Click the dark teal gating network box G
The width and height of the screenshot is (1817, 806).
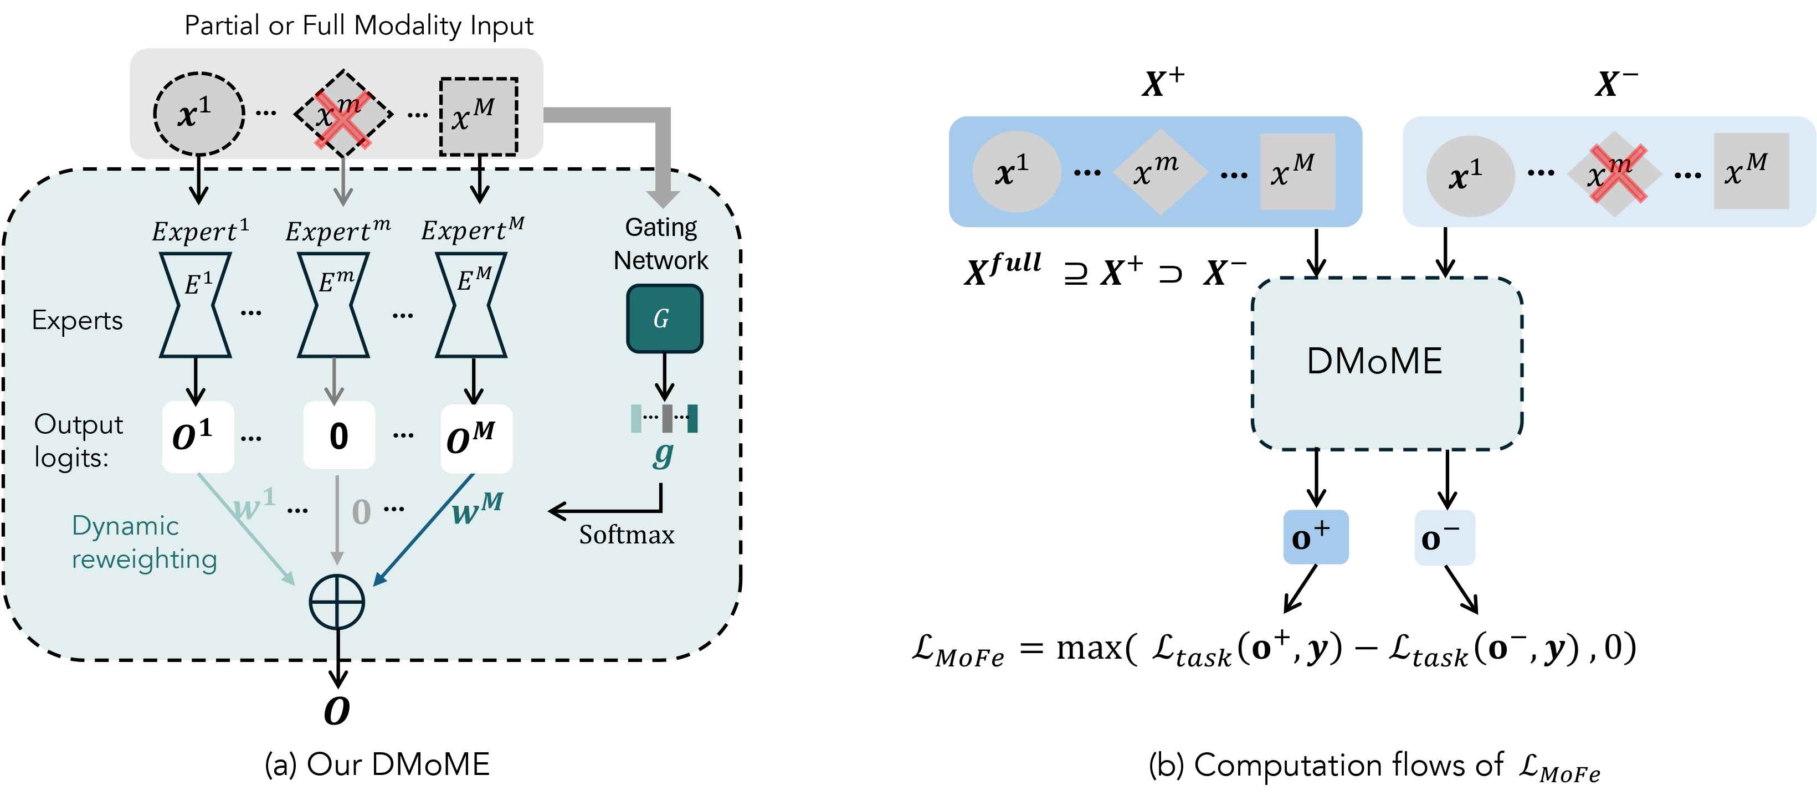[664, 319]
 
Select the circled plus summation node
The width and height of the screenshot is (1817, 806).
[337, 602]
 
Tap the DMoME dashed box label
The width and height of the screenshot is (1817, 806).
[1374, 361]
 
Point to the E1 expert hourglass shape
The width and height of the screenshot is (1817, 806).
[196, 305]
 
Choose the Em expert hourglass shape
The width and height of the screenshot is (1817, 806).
[333, 305]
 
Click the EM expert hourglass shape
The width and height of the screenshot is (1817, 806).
[472, 305]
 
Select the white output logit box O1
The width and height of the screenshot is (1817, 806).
[198, 437]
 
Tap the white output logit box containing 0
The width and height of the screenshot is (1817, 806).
[338, 435]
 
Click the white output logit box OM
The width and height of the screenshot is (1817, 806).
[476, 438]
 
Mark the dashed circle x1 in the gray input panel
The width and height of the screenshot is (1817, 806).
[199, 114]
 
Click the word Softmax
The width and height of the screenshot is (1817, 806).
[627, 535]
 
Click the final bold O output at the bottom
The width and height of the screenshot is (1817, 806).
[337, 711]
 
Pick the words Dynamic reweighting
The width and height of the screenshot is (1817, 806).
[144, 542]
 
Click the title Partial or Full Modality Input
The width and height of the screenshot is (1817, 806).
[358, 25]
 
